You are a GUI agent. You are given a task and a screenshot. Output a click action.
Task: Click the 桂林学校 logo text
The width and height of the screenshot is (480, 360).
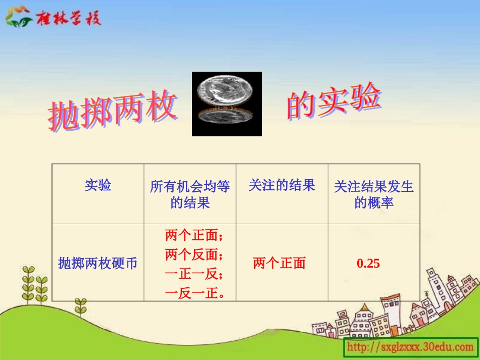click(68, 18)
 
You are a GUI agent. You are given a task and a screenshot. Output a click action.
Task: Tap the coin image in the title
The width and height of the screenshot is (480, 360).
click(227, 104)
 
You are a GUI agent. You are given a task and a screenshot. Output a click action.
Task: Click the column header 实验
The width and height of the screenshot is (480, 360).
click(98, 185)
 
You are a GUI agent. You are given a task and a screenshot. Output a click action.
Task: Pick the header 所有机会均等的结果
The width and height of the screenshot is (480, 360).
click(190, 194)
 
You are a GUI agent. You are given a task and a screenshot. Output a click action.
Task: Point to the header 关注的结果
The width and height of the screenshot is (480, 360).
click(281, 185)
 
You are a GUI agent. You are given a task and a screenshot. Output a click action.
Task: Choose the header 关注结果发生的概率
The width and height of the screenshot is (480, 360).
click(374, 194)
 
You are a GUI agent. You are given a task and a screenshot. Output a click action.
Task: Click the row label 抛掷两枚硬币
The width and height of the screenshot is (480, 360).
click(98, 263)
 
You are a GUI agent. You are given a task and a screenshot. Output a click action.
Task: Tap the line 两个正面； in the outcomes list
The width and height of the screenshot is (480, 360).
click(194, 235)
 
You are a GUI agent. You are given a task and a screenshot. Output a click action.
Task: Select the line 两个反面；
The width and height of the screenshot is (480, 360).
click(194, 254)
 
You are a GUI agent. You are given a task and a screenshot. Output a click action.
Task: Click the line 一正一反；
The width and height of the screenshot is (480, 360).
click(194, 274)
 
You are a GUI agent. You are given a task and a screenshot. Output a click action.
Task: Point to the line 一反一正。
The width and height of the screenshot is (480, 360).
click(194, 293)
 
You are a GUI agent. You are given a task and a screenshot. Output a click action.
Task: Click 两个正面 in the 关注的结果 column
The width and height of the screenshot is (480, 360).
click(279, 263)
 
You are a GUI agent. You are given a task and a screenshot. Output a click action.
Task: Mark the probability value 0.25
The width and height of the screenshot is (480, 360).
click(368, 263)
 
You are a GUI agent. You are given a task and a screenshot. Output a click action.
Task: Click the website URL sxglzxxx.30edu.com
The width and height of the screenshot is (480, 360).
click(410, 347)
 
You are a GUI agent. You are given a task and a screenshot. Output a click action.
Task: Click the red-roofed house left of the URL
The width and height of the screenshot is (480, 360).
click(323, 323)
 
